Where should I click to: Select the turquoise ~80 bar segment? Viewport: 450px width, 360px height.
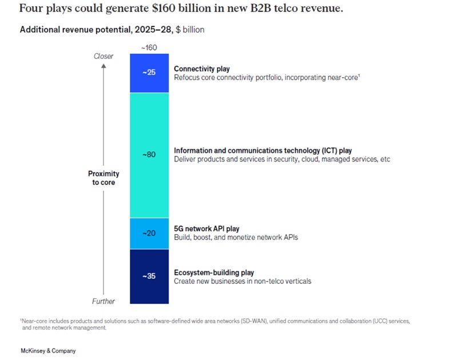click(x=149, y=155)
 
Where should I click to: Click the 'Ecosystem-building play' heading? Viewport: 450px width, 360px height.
click(x=214, y=272)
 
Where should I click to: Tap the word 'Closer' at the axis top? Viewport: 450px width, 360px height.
click(x=103, y=56)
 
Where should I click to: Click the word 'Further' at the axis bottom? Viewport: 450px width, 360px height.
click(x=103, y=301)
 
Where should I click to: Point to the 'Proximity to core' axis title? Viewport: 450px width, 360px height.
click(x=103, y=178)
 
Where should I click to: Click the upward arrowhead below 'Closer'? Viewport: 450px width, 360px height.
click(x=103, y=65)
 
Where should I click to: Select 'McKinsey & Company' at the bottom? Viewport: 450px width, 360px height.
click(x=47, y=350)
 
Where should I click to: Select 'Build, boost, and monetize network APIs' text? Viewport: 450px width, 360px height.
click(x=236, y=237)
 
